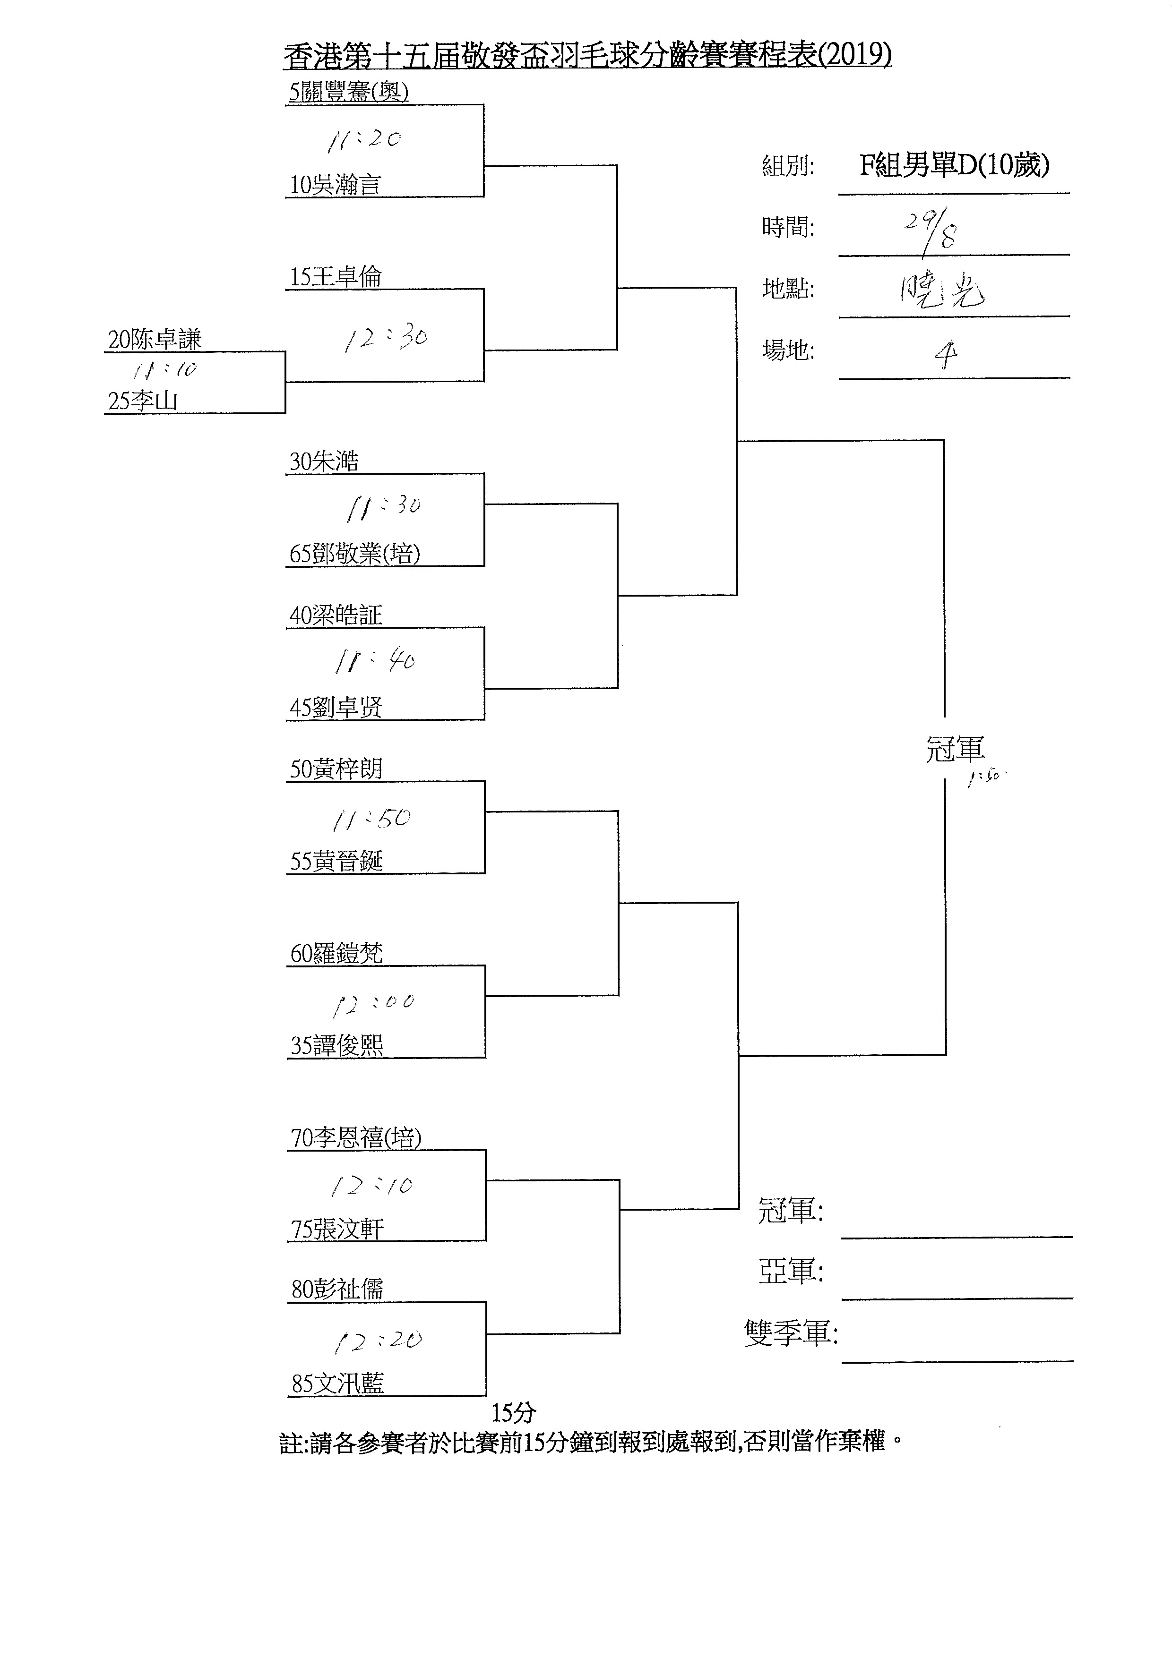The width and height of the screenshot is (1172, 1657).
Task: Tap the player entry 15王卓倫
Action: coord(336,276)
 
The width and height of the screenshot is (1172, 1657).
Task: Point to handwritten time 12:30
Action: coord(386,338)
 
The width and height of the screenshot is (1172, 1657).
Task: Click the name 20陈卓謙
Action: coord(155,339)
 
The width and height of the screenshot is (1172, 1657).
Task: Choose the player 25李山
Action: coord(142,401)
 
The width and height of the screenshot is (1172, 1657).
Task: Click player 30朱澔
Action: coord(324,461)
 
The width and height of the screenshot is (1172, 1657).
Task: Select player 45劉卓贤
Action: coord(336,707)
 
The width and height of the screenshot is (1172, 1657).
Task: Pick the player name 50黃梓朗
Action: coord(336,769)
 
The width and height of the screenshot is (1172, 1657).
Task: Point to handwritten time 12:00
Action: coord(373,1003)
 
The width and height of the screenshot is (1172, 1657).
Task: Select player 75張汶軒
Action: coord(337,1229)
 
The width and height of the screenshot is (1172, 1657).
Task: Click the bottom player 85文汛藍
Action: coord(338,1384)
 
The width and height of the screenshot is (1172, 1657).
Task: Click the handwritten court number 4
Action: coord(945,354)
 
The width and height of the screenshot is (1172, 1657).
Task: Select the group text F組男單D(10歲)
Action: coord(954,166)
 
